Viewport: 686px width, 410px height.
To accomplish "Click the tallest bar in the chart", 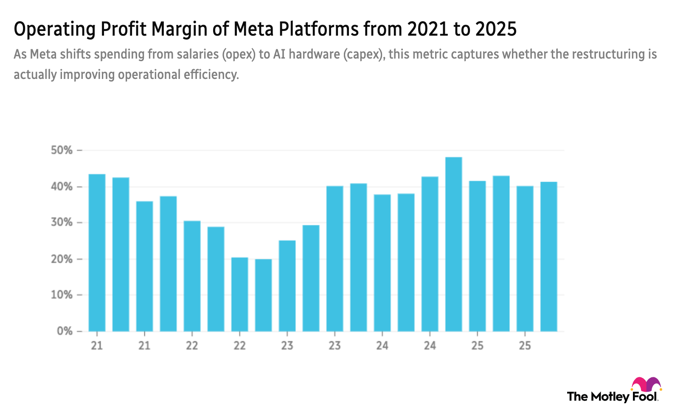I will [x=453, y=244].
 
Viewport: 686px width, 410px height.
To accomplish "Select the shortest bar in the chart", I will [x=264, y=295].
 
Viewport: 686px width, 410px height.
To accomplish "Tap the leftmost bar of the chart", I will [x=97, y=253].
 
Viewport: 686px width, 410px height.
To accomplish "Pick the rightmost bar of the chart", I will [x=548, y=256].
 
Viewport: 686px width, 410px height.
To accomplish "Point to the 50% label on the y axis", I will [x=62, y=150].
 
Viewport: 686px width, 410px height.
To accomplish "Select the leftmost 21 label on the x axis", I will [x=97, y=345].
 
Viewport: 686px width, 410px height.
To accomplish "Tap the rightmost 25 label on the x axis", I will [x=525, y=345].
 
